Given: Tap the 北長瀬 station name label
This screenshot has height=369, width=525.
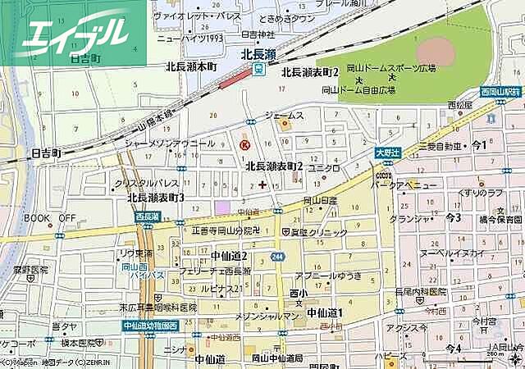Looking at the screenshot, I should (258, 54).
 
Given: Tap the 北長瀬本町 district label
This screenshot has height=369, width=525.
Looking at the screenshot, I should (190, 68).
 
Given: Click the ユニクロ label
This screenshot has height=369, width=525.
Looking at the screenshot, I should (325, 168).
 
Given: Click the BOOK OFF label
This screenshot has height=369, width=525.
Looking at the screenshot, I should (48, 218).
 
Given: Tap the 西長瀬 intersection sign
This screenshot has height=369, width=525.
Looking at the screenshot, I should (148, 216).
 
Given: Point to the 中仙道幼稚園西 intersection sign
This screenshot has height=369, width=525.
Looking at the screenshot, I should (150, 326).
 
